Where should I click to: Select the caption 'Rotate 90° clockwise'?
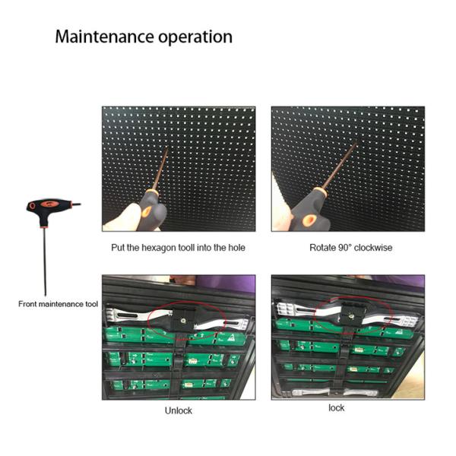[x=350, y=249]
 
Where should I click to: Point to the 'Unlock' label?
[x=179, y=411]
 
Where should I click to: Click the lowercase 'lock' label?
[x=337, y=408]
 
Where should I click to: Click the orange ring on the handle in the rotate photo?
[x=309, y=220]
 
